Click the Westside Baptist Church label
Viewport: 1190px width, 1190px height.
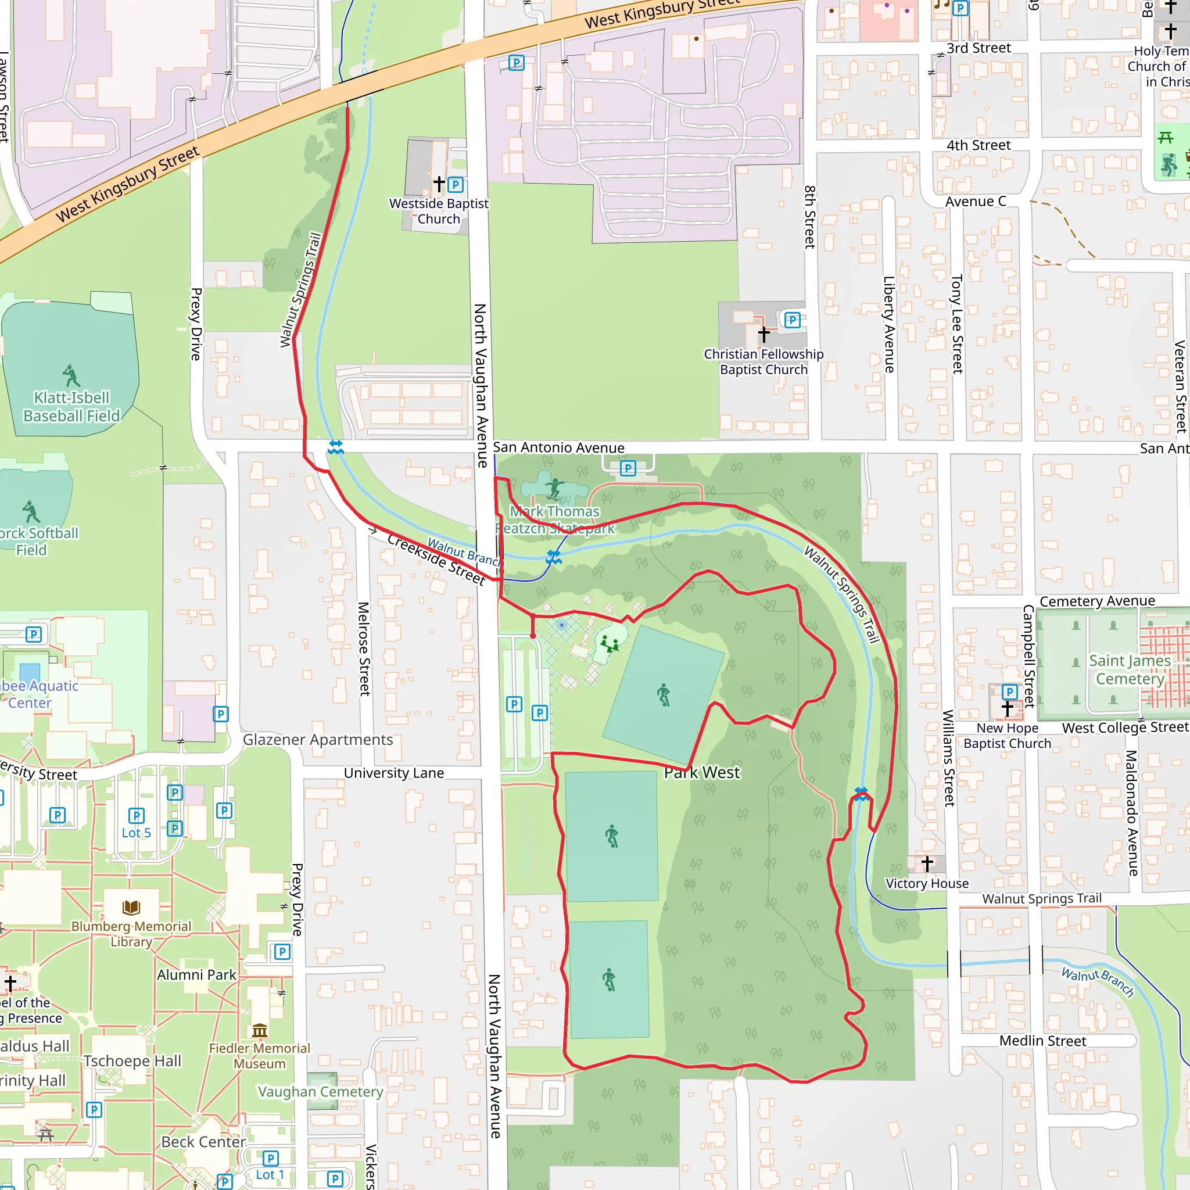439,212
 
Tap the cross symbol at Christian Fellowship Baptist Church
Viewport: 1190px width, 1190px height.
764,334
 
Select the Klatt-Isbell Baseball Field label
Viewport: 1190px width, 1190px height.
71,407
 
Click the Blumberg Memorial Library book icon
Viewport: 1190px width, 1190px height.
131,907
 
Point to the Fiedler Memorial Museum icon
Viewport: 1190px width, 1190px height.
259,1030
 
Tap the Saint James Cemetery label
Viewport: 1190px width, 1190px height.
1130,669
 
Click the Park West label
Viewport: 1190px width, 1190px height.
701,772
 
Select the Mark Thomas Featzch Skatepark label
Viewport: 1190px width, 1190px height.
555,520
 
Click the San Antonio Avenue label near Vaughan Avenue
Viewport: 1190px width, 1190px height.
558,448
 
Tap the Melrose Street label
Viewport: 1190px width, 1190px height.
364,648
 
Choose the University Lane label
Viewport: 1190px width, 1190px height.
393,773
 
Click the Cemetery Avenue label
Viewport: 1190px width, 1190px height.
1097,601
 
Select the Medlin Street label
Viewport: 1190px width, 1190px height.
1043,1041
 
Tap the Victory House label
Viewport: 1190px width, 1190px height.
927,883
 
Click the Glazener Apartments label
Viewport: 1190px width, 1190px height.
318,740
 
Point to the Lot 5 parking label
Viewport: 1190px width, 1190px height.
136,833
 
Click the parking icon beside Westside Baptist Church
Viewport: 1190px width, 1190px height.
456,184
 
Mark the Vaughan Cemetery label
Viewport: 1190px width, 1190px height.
320,1092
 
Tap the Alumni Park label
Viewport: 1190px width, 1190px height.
196,975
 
